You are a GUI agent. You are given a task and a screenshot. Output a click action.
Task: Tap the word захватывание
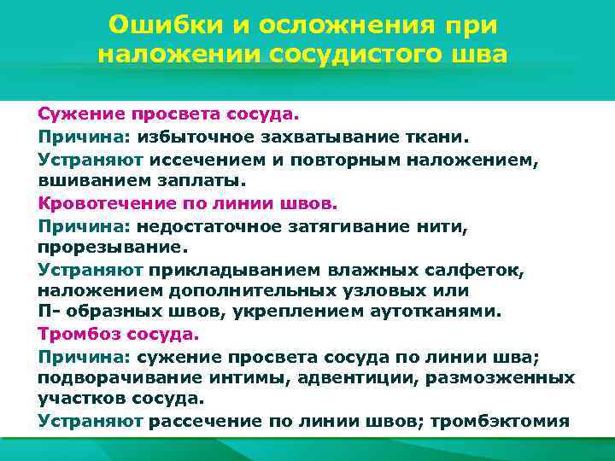tap(321, 137)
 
